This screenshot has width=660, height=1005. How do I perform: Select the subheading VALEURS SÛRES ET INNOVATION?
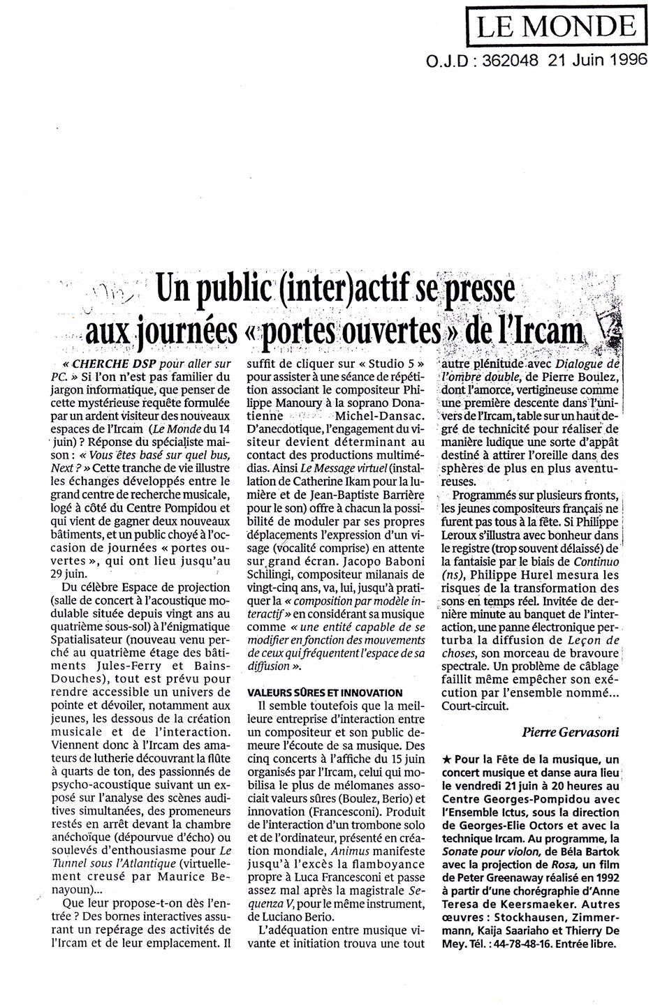pyautogui.click(x=325, y=692)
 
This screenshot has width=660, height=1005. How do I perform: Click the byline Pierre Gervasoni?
pyautogui.click(x=571, y=731)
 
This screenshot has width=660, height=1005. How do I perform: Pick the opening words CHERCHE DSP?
pyautogui.click(x=105, y=364)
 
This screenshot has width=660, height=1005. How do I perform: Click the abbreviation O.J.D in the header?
pyautogui.click(x=446, y=61)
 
